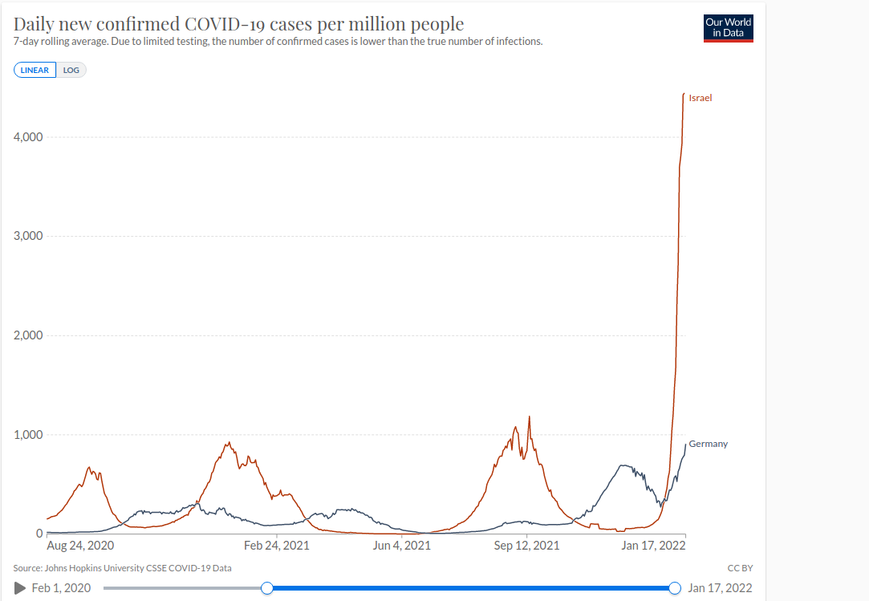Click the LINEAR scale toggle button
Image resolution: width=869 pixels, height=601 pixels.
click(35, 70)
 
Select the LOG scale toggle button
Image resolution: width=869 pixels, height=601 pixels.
click(71, 70)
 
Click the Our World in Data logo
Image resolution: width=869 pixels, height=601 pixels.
click(728, 27)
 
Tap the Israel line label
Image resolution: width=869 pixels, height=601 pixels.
click(700, 98)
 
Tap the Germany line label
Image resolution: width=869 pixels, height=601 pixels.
click(708, 444)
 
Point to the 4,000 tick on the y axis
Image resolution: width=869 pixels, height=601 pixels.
click(28, 137)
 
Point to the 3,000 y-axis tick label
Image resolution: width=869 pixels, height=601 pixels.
click(28, 237)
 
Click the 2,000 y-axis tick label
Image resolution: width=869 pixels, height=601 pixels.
click(28, 335)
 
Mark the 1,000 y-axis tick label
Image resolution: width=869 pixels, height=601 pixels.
click(28, 435)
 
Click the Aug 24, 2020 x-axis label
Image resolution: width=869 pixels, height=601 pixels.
click(80, 546)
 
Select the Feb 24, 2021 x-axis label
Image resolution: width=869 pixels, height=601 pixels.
click(276, 546)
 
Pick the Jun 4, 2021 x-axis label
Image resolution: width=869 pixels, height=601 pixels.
click(402, 546)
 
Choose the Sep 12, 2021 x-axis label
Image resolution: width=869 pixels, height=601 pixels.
click(526, 546)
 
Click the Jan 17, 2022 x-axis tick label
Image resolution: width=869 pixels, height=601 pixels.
click(653, 546)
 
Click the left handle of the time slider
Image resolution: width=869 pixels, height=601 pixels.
click(268, 588)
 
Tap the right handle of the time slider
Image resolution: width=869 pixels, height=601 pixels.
click(675, 588)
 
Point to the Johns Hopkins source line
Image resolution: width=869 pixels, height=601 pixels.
click(122, 568)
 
